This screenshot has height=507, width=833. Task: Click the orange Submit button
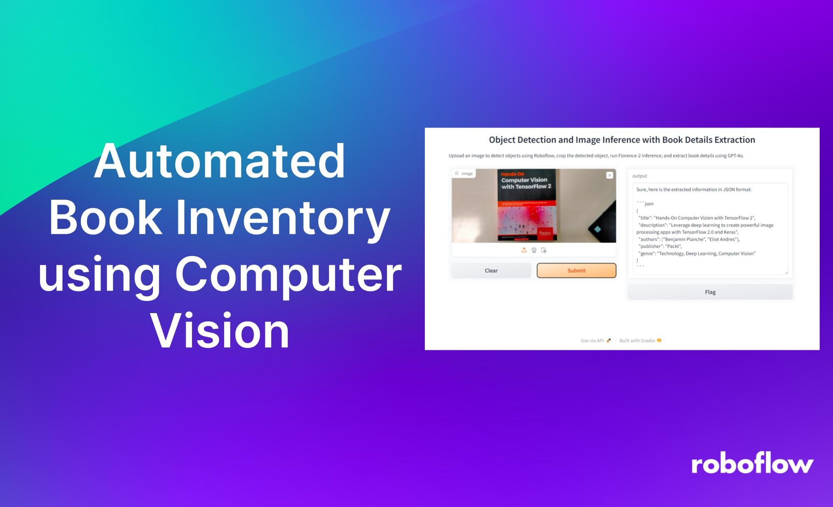(x=576, y=271)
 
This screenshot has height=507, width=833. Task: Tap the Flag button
(x=710, y=292)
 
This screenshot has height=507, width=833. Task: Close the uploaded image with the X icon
(x=610, y=176)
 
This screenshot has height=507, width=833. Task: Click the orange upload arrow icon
(x=524, y=250)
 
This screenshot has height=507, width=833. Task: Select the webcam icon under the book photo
(x=534, y=250)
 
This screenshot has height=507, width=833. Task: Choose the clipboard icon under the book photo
(x=544, y=250)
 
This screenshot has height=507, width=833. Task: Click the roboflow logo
(x=752, y=464)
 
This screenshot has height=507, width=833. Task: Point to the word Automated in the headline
(x=219, y=161)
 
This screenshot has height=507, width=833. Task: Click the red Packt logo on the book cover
(x=545, y=233)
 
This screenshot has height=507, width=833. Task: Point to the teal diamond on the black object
(x=598, y=229)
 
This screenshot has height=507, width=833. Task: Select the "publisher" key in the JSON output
(x=651, y=246)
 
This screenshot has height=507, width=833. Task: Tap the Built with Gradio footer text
(x=637, y=341)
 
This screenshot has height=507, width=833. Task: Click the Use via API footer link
(x=592, y=341)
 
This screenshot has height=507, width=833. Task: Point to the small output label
(x=640, y=176)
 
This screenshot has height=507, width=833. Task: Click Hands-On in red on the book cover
(x=513, y=174)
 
